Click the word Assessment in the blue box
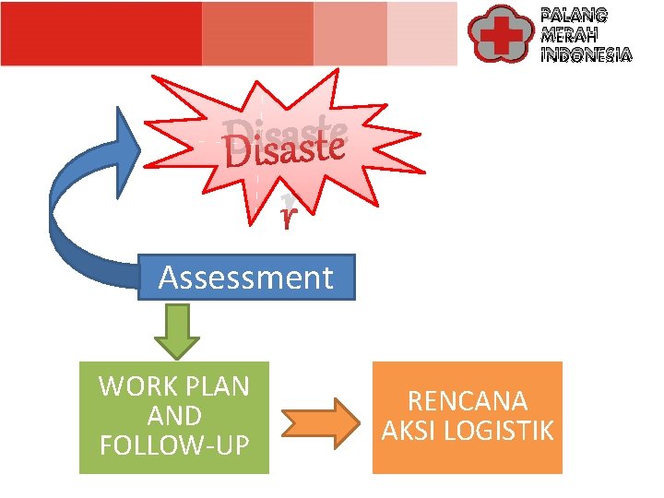245,278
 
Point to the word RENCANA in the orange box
467,402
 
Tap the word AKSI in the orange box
412,431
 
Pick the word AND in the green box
173,416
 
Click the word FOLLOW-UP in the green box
173,445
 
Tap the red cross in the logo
503,34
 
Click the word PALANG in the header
574,15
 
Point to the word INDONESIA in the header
587,55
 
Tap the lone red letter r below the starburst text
289,218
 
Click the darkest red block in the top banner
101,33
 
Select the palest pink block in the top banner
421,33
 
